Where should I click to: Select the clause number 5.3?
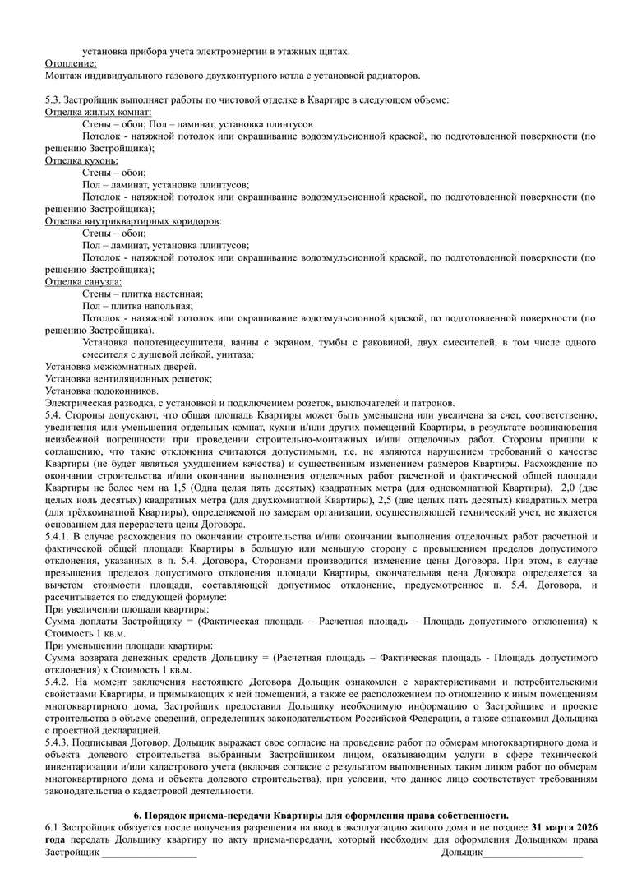[53, 99]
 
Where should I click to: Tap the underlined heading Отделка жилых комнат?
[99, 112]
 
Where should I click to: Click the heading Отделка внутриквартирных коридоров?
[132, 221]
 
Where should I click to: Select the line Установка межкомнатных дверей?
[121, 366]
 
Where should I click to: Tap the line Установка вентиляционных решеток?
[129, 378]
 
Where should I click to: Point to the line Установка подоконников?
[102, 391]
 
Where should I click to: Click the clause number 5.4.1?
[59, 535]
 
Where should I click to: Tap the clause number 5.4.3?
[59, 742]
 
